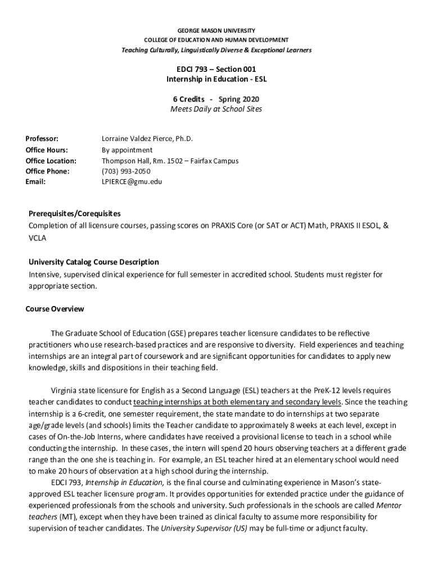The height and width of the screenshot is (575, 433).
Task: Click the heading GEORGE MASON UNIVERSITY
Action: (216, 30)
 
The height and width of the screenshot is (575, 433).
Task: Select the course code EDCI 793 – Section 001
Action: (216, 69)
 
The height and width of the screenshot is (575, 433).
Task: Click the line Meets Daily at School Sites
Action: (216, 109)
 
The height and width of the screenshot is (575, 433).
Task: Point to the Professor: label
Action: (42, 139)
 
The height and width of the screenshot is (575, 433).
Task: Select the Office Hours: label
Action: (47, 150)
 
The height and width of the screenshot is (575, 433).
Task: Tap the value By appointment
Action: (127, 150)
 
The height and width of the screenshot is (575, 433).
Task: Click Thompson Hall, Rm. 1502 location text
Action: (170, 161)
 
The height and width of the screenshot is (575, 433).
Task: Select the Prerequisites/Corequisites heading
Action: (75, 214)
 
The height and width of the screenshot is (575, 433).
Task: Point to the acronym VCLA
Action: (38, 238)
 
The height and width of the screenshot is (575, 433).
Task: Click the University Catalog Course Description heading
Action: (94, 262)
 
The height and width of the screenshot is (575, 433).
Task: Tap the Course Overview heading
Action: (55, 309)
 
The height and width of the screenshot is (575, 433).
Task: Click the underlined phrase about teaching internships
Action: (237, 402)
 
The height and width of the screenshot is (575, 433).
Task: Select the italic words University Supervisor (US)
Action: (204, 528)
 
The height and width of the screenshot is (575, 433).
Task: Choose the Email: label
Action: (35, 182)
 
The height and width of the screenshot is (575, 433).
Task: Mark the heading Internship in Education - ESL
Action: (216, 79)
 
